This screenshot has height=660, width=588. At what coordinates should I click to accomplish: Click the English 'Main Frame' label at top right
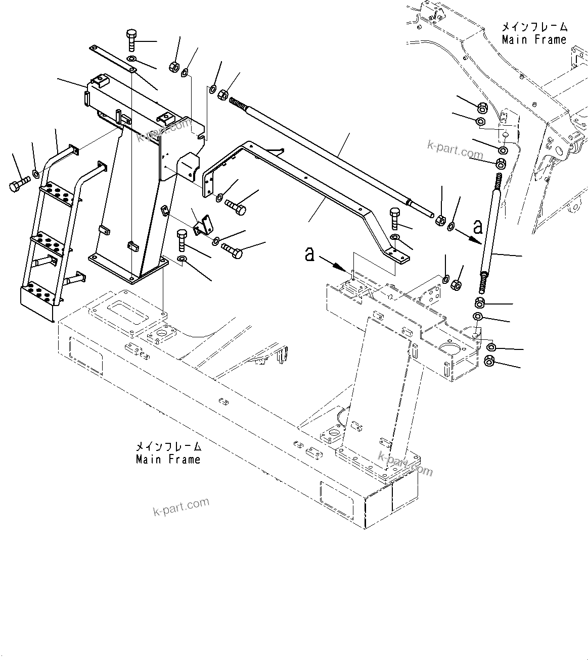[x=534, y=39]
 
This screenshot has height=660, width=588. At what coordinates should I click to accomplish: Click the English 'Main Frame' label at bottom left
[x=168, y=460]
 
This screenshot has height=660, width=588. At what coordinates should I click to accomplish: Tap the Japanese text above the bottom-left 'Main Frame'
[x=168, y=447]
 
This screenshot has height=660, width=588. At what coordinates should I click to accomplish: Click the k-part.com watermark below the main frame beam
[x=180, y=507]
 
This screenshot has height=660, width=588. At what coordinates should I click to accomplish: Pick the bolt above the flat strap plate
[x=130, y=39]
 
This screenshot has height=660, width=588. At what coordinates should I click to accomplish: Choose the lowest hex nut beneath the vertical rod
[x=489, y=361]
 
